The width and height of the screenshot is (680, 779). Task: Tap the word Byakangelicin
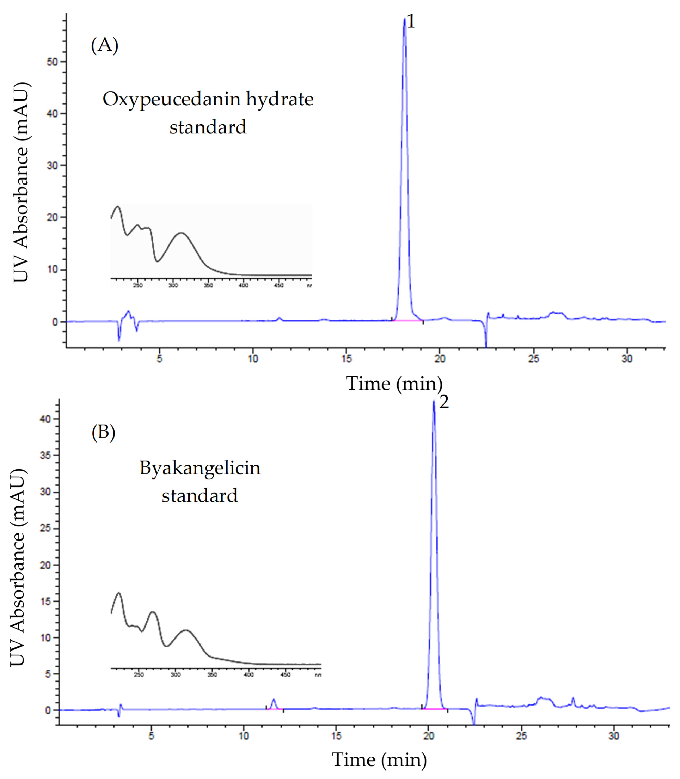pos(200,468)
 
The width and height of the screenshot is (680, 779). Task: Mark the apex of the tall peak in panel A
pos(405,19)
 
